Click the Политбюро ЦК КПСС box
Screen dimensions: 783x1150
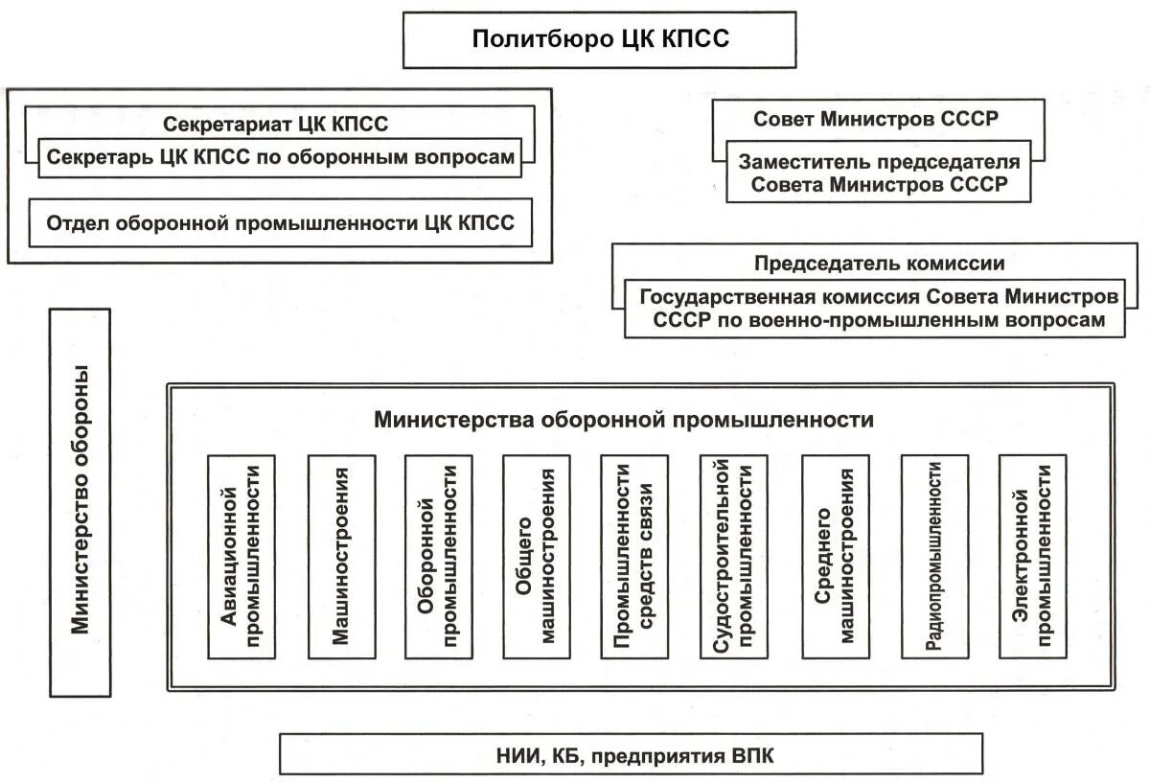coord(599,39)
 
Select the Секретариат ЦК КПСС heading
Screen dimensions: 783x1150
coord(275,124)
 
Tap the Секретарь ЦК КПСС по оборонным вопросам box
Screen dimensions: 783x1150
coord(281,157)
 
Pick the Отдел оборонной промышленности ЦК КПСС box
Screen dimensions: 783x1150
coord(281,223)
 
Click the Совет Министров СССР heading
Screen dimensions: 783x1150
coord(876,120)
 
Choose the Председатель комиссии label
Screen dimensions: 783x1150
coord(879,264)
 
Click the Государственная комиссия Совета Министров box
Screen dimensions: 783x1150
coord(879,309)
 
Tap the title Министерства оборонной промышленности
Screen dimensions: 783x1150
coord(624,420)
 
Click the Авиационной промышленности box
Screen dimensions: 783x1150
coord(241,556)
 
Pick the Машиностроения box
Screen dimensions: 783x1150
coord(341,556)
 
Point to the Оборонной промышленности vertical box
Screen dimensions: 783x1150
coord(439,556)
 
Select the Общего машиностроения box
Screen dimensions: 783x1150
coord(537,556)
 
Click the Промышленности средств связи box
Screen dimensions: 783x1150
coord(634,556)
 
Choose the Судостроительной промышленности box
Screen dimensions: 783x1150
coord(734,556)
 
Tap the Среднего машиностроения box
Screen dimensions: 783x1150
coord(836,556)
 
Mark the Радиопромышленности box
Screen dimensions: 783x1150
coord(934,556)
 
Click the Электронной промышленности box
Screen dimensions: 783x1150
coord(1032,556)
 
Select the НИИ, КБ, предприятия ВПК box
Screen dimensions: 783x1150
coord(631,754)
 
